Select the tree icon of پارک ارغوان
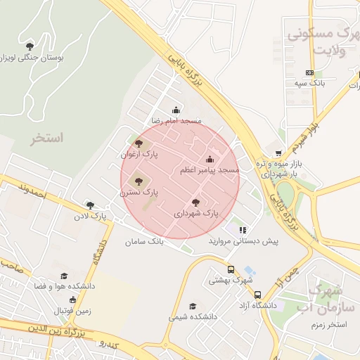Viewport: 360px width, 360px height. tap(139, 143)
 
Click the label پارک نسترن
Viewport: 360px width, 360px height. tap(139, 191)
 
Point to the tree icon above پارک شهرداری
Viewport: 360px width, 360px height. tap(196, 202)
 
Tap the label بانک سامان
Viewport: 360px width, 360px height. tap(143, 241)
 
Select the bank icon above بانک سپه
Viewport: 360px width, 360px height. tap(309, 72)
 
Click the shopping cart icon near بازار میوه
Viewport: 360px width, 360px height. tap(278, 153)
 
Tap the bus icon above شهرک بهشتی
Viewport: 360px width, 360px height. tap(231, 269)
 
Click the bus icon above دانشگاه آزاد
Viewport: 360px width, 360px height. tap(258, 295)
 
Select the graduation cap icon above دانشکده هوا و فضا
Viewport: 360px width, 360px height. tap(64, 276)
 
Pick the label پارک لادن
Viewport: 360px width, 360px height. tap(96, 216)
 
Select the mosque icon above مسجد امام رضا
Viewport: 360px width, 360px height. tap(176, 110)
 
